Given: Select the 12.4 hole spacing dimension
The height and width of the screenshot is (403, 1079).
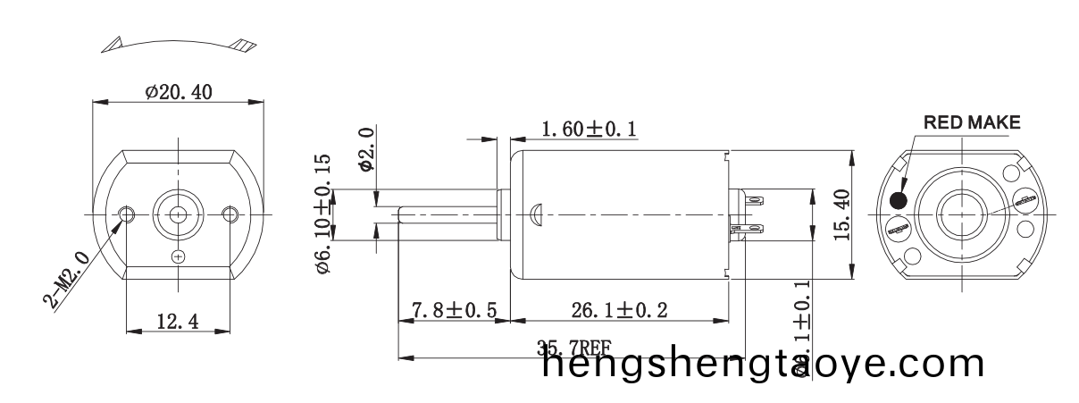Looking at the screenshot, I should coord(177,321).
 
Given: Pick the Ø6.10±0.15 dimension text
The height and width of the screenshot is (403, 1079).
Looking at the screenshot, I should coord(322,214).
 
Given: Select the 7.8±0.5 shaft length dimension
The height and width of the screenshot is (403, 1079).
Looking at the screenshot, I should coord(453,311).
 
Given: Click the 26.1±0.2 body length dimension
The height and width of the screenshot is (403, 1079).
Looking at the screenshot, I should coord(619,311).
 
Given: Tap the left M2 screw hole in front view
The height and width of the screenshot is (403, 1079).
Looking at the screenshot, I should coord(127,214).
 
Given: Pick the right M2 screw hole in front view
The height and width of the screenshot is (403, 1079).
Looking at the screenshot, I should coord(230,214).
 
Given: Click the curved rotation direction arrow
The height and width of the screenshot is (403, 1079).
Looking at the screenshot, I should coord(179,42).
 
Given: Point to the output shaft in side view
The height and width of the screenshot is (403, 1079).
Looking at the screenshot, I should coord(447,214).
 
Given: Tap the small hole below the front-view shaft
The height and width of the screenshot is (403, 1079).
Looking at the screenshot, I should coord(179,256).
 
